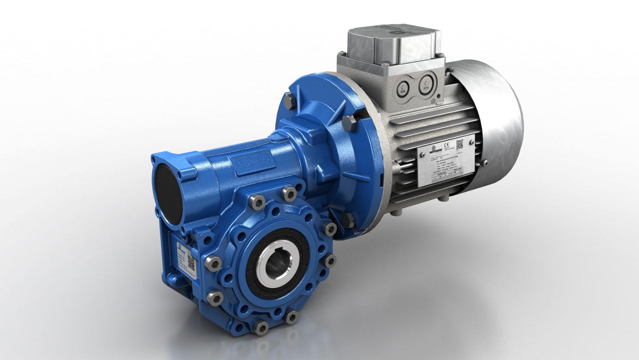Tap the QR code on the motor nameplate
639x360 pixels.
coord(460,144)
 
